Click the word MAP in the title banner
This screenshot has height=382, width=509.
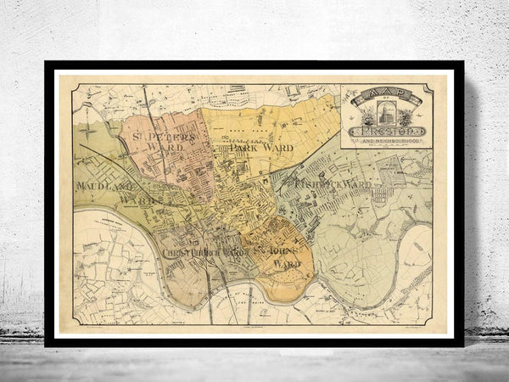[x=385, y=94]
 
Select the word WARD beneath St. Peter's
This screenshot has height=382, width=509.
[x=167, y=154]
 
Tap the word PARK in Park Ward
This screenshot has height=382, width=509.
[x=245, y=148]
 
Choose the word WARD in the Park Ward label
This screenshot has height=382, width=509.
[x=277, y=148]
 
